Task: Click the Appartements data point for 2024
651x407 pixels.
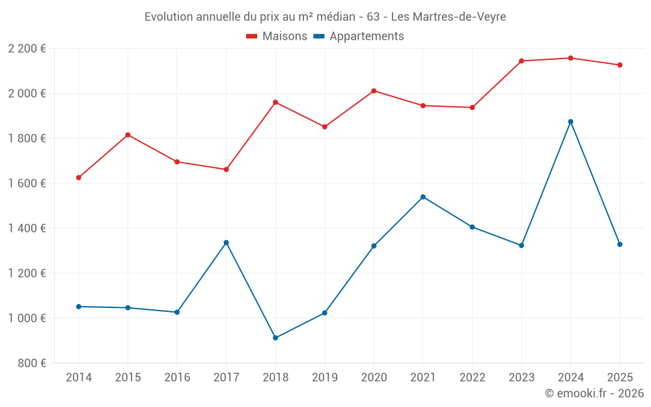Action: click(570, 122)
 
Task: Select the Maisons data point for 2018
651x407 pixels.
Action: click(275, 102)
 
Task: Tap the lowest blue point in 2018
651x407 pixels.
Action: click(275, 338)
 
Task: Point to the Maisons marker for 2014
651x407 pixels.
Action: click(79, 178)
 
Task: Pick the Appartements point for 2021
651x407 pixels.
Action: click(423, 197)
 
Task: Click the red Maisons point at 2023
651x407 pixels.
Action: click(521, 61)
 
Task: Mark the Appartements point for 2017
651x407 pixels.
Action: click(226, 242)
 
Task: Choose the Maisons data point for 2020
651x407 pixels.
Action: click(374, 91)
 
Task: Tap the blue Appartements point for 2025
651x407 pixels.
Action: click(620, 244)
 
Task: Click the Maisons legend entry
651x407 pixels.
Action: click(277, 36)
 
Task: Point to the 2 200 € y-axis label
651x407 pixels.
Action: click(27, 49)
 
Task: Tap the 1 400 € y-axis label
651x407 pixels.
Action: click(27, 229)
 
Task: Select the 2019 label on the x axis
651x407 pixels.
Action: click(324, 378)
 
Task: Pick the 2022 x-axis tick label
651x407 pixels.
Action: click(472, 378)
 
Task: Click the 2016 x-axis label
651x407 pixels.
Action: click(177, 378)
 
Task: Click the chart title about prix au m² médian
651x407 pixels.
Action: click(325, 17)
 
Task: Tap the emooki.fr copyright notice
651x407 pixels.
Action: click(594, 393)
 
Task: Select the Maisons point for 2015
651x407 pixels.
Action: click(128, 135)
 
